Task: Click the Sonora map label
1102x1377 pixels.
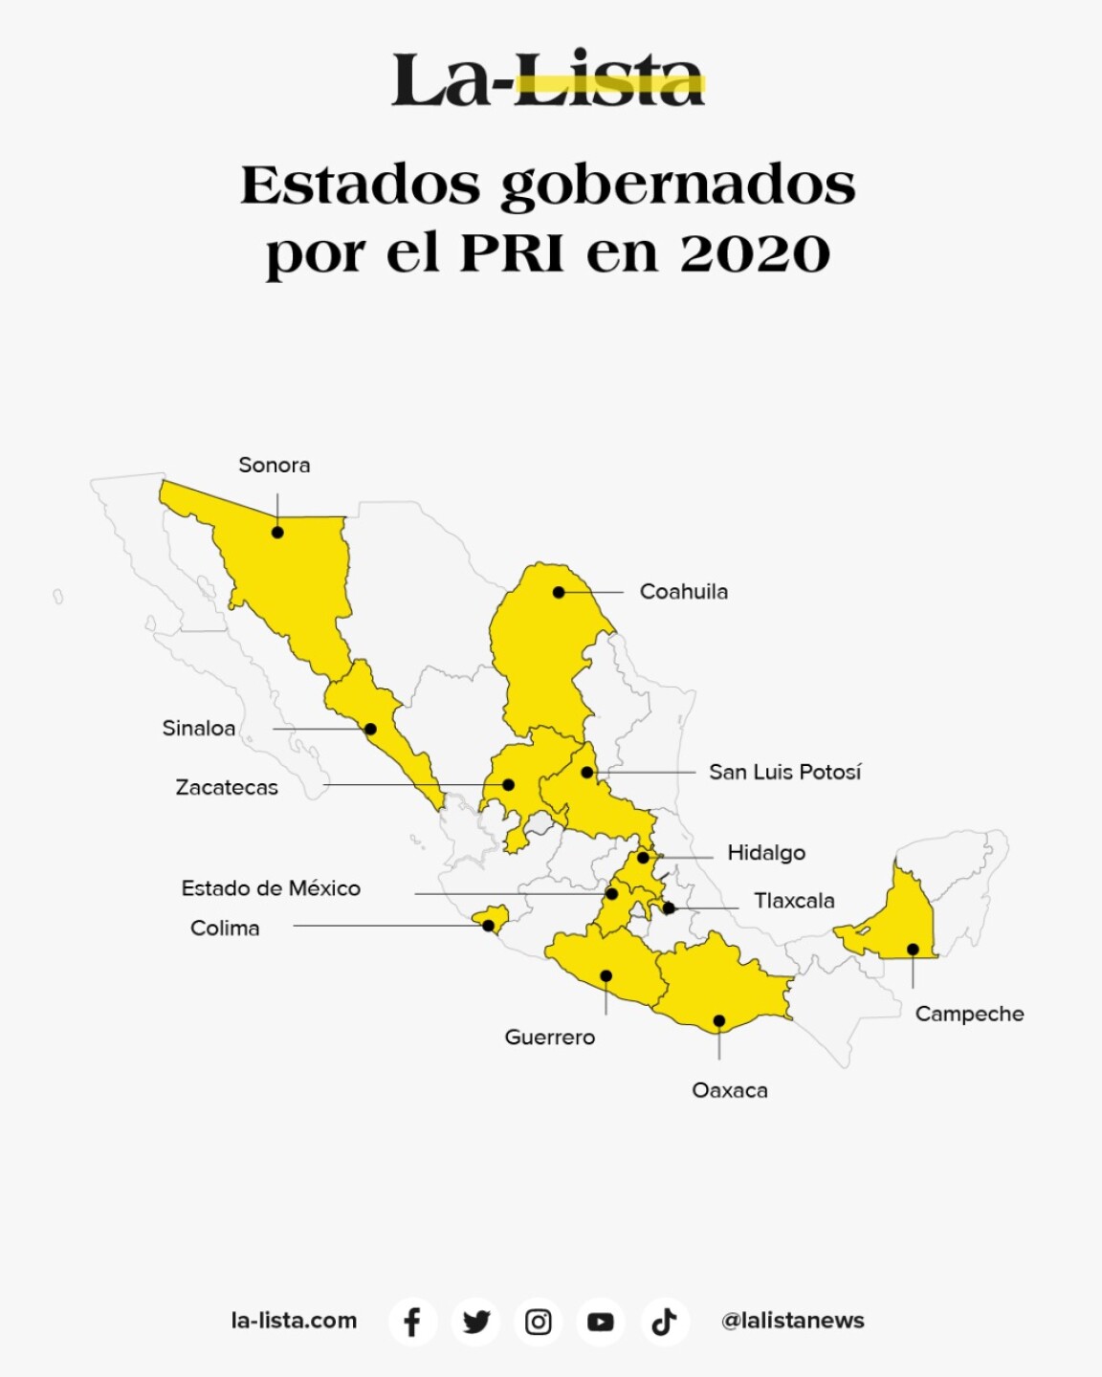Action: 275,466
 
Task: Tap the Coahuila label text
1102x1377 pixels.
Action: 683,592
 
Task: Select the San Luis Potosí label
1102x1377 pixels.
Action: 784,772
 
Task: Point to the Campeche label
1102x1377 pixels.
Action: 969,1014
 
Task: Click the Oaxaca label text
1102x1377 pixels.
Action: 729,1090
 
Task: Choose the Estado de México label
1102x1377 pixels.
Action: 271,888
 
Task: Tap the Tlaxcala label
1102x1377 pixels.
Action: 793,901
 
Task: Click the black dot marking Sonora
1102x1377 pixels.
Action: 277,533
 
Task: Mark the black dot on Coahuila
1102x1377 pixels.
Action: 559,593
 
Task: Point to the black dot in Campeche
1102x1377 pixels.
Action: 913,950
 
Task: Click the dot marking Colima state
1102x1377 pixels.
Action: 489,926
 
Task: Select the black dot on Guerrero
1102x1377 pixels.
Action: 606,976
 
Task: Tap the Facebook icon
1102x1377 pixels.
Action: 412,1322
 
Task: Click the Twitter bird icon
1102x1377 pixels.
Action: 475,1322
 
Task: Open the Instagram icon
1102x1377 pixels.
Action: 538,1322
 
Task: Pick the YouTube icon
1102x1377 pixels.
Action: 601,1322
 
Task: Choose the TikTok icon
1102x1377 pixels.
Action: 664,1322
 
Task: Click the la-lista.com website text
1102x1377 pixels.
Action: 294,1321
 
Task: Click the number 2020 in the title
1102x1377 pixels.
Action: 755,253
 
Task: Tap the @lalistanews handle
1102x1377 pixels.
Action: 792,1321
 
